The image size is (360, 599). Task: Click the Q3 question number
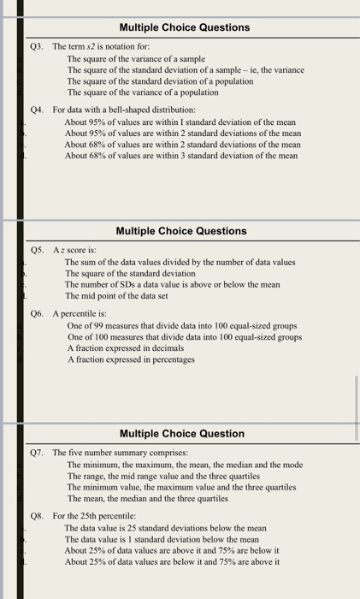tap(37, 46)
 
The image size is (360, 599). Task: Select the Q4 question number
tap(37, 110)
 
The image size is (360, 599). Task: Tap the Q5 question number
tap(37, 250)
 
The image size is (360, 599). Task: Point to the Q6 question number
tap(37, 314)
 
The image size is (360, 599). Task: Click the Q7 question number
tap(37, 452)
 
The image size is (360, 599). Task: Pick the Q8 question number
tap(37, 517)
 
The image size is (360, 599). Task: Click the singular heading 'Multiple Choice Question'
tap(181, 434)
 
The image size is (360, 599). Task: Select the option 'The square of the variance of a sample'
tap(137, 58)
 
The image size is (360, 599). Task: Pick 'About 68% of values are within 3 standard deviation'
tap(181, 156)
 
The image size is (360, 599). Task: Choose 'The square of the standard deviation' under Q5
tap(130, 273)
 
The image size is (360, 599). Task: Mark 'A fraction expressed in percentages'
tap(132, 359)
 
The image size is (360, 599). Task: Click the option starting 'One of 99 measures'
tap(181, 326)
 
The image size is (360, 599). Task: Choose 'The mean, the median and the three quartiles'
tap(147, 498)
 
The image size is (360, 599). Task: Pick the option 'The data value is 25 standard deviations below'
tap(166, 529)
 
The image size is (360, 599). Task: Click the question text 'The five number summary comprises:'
tap(120, 452)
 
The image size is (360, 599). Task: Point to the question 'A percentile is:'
tap(80, 314)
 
